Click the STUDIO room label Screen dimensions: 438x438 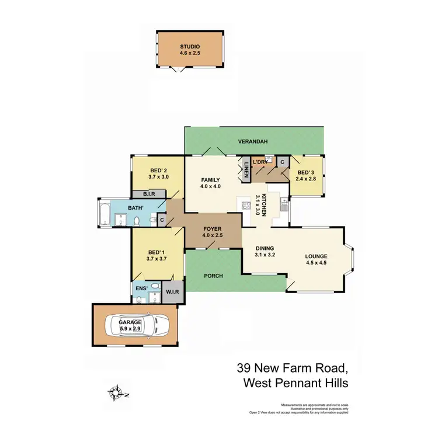190,46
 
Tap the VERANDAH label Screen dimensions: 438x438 253,142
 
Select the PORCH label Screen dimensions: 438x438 214,276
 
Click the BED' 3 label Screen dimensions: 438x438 306,173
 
